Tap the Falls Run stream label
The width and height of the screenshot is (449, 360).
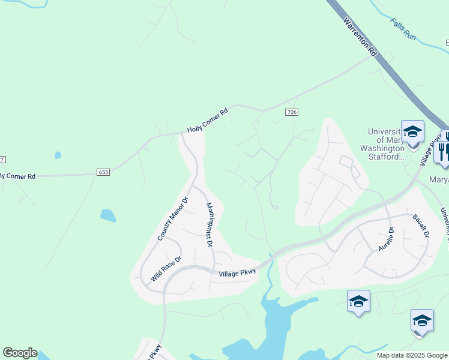coord(403,29)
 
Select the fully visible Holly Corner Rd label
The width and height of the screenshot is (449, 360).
coord(208,120)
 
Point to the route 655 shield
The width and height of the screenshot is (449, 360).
coord(103,172)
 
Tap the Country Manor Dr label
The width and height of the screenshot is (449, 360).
coord(173,218)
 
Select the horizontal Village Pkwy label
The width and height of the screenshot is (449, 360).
coord(237,272)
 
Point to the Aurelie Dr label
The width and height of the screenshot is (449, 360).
coord(385,238)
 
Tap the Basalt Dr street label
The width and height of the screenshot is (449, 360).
coord(420,225)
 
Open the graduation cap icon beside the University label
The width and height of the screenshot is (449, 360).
coord(412,131)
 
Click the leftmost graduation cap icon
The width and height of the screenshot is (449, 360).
coord(358,301)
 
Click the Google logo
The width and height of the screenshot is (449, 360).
coord(20,353)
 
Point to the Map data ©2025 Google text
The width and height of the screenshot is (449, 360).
coord(412,355)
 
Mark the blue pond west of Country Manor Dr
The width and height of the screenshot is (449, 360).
coord(108,215)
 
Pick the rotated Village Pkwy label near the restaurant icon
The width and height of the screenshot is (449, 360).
coord(428,151)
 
